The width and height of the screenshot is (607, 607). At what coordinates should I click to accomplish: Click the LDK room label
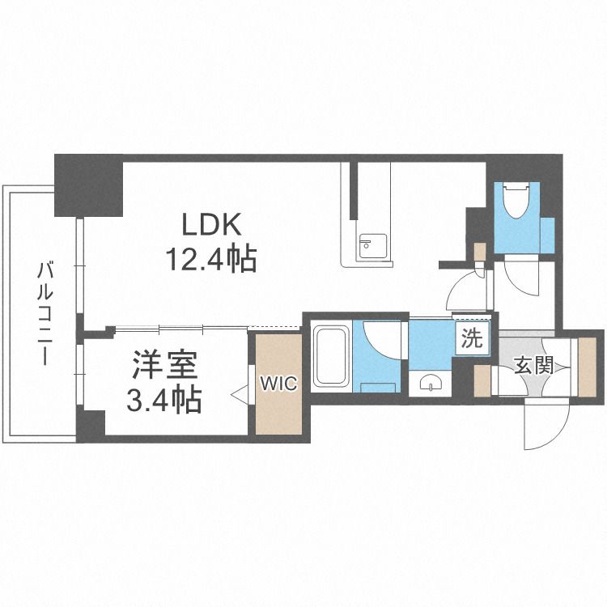[x=212, y=224]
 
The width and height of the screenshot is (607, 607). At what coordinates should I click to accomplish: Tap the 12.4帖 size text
[x=212, y=259]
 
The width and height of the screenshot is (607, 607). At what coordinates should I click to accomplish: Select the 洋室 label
[x=165, y=365]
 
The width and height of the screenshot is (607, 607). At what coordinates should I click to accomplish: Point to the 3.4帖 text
[x=164, y=399]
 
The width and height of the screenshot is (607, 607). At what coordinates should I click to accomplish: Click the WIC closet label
[x=278, y=384]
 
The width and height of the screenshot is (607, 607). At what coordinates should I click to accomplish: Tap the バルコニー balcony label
[x=45, y=313]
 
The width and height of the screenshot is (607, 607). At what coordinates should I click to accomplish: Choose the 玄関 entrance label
[x=533, y=365]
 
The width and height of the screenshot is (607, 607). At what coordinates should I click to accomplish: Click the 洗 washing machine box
[x=473, y=338]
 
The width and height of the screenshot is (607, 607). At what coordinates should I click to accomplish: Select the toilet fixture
[x=516, y=200]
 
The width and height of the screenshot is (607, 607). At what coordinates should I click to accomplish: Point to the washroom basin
[x=430, y=384]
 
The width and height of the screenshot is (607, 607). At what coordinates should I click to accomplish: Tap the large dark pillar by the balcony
[x=89, y=185]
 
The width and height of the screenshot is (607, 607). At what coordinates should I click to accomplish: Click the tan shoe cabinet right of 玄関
[x=587, y=367]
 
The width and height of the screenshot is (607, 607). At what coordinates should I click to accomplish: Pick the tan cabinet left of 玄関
[x=482, y=381]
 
